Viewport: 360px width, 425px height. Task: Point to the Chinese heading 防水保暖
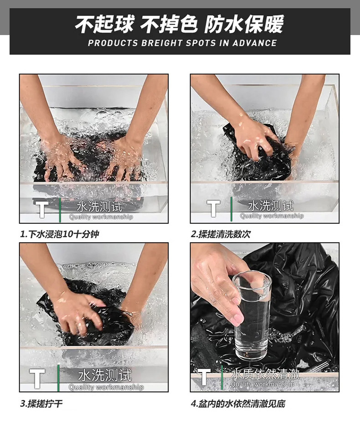(244, 24)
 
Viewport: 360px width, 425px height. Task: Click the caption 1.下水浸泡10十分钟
(60, 234)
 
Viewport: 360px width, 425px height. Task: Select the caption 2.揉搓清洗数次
(221, 234)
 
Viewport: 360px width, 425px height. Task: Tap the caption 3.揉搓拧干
(41, 404)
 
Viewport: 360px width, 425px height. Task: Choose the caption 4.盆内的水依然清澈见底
(238, 404)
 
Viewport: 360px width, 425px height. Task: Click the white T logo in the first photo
(42, 209)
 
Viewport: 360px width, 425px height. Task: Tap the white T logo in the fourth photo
(205, 377)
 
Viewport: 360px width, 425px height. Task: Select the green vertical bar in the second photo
(231, 209)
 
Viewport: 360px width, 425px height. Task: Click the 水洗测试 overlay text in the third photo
(105, 375)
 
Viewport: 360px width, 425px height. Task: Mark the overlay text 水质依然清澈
(265, 374)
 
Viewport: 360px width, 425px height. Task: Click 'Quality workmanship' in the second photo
(272, 216)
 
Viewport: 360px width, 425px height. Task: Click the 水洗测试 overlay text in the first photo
(99, 207)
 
